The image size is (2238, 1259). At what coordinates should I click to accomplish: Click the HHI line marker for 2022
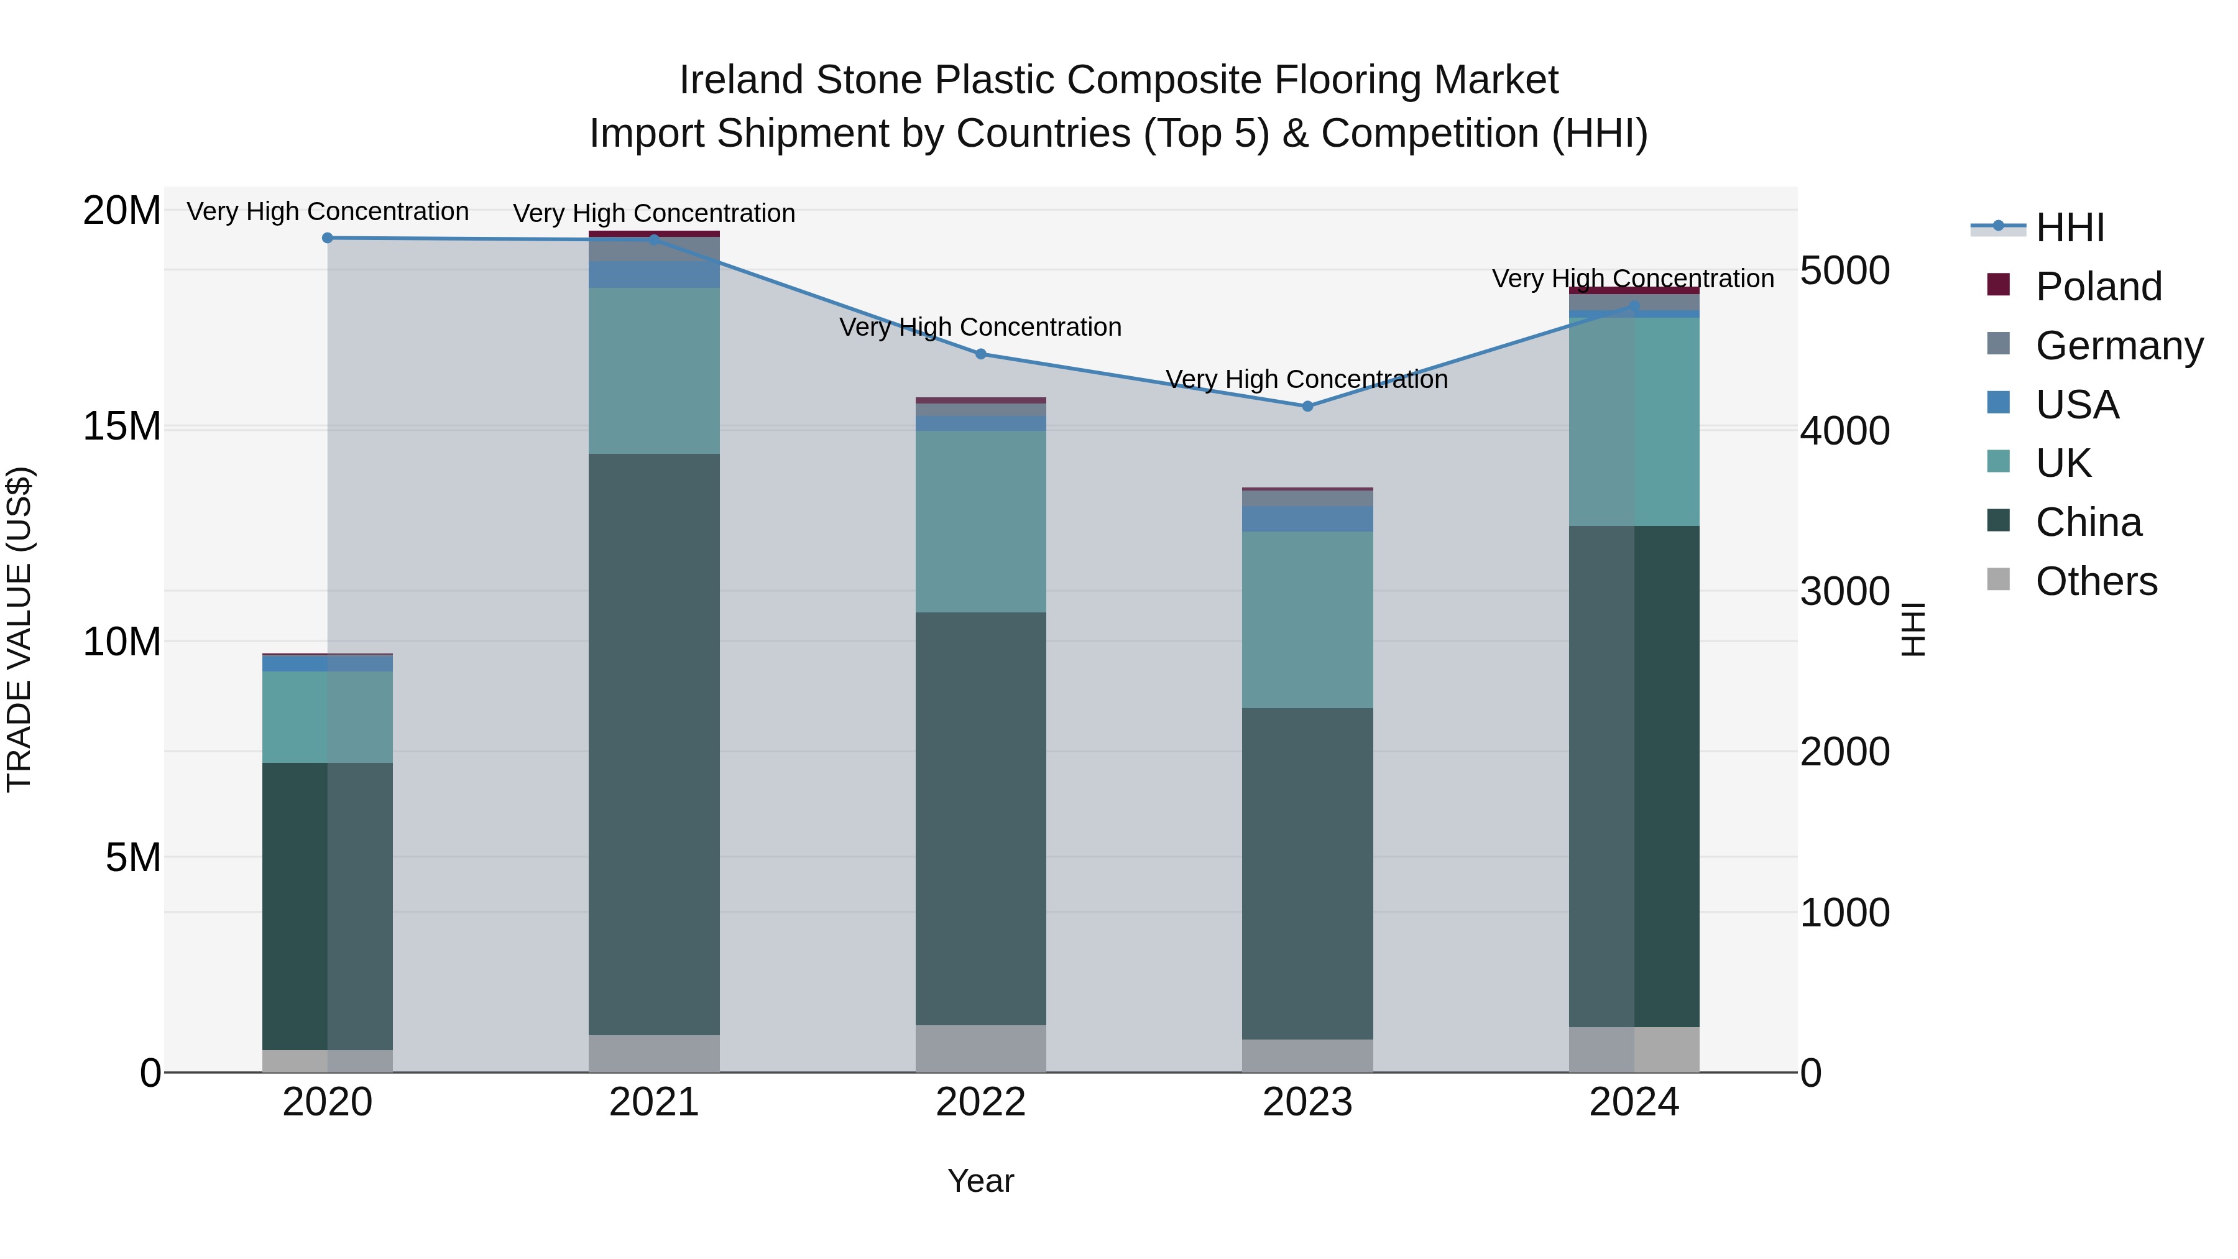point(981,354)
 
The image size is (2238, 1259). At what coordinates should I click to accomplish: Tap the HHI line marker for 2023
point(1307,406)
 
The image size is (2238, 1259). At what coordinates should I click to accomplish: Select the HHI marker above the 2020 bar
point(328,238)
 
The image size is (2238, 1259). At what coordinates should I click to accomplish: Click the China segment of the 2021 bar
point(654,743)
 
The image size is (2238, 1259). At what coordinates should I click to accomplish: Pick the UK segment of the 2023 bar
point(1307,619)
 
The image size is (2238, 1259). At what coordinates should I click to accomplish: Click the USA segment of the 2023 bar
point(1307,519)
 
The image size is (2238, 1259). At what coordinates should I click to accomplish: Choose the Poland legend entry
point(2098,287)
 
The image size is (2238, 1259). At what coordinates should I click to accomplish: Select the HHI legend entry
point(2070,228)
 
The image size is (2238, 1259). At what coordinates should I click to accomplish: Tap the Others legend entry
point(2096,581)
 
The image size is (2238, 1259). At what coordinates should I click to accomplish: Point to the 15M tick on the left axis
point(122,427)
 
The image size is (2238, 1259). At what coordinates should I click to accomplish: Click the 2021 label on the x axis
point(654,1102)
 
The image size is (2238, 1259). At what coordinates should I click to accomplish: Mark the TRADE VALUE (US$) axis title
point(19,629)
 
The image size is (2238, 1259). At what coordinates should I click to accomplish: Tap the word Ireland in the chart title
point(741,80)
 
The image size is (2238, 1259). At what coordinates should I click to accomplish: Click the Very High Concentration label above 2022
point(981,328)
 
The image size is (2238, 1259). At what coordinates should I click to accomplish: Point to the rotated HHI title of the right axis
point(1914,629)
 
